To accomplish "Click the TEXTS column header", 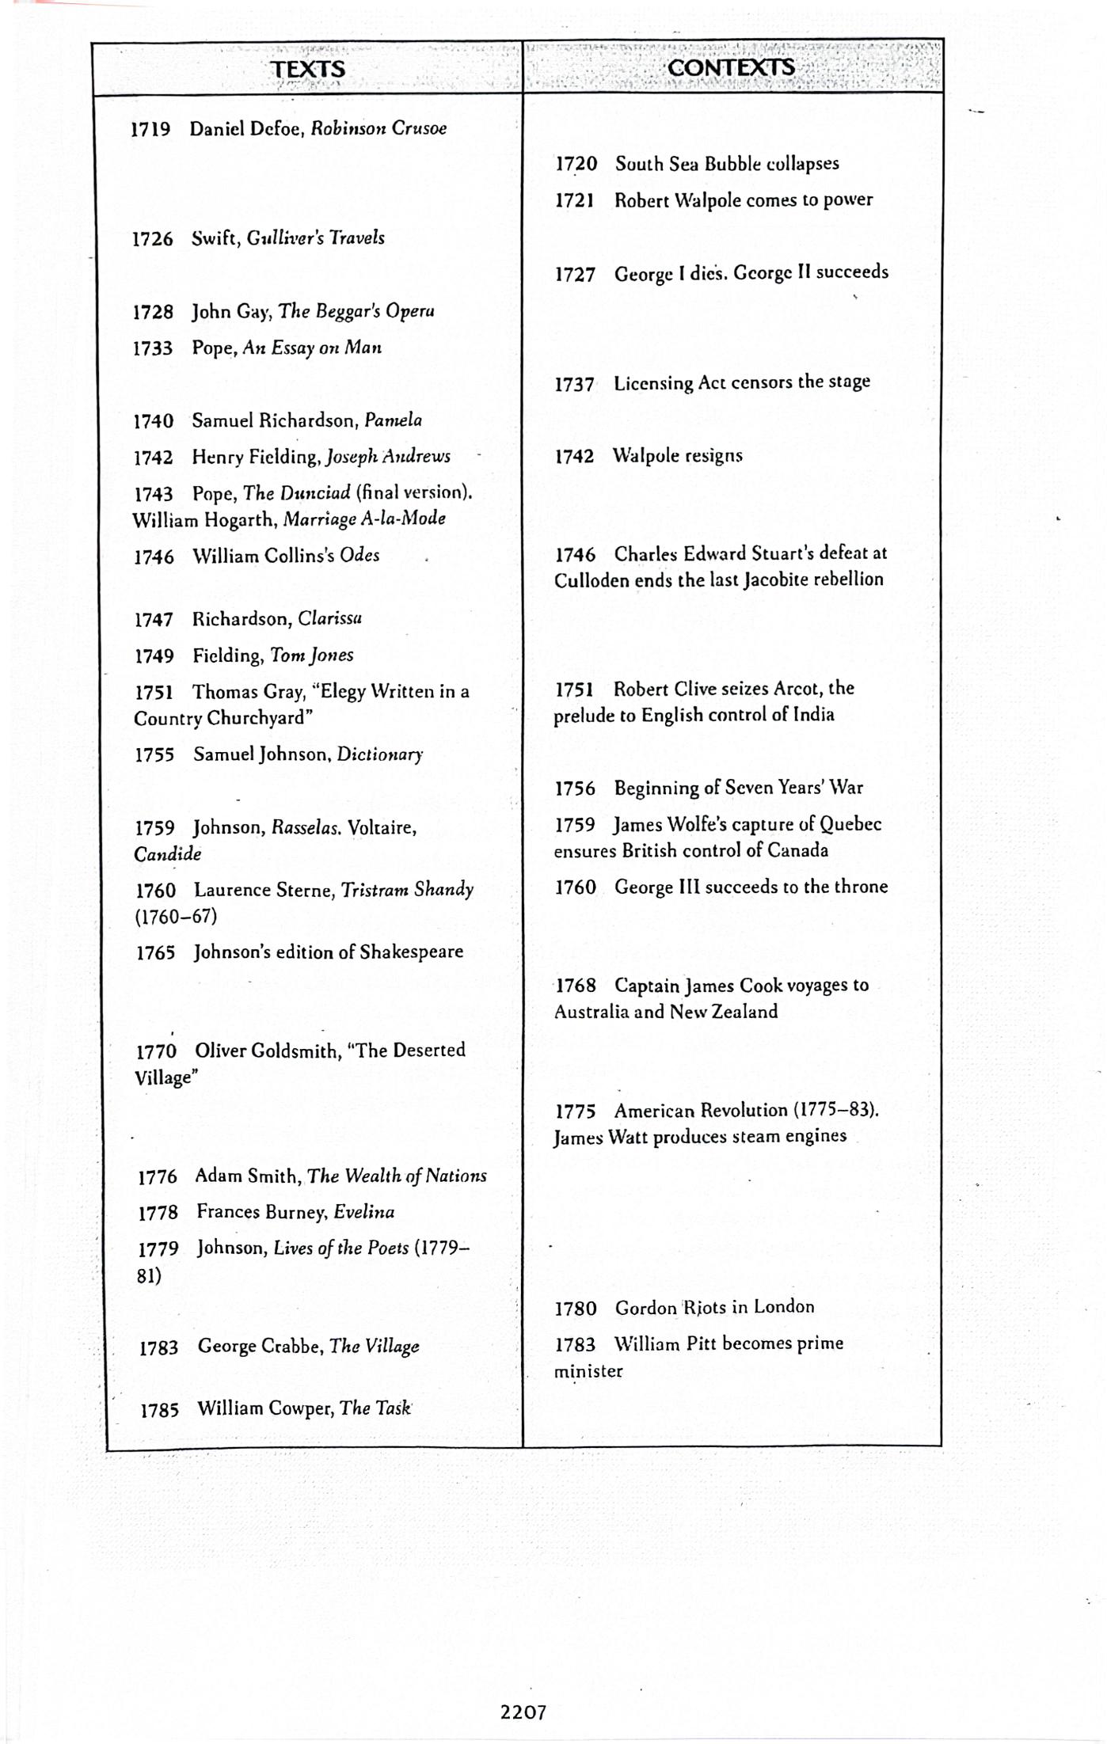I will coord(308,69).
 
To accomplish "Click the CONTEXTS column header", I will coord(730,67).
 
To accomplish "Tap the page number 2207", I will coord(523,1712).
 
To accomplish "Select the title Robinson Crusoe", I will coord(379,128).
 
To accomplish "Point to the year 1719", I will coord(150,129).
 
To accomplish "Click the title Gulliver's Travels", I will coord(315,237).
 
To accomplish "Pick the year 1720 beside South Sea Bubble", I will coord(576,164).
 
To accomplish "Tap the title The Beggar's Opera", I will coord(356,311).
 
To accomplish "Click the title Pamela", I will coord(393,420).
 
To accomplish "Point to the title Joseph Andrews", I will coord(388,457).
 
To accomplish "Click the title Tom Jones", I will coord(311,655).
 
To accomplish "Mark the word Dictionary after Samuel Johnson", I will coord(380,754).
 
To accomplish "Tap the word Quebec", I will coord(850,824).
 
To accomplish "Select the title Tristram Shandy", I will coord(407,890).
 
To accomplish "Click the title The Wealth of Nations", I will coord(397,1176).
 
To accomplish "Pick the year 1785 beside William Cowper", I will coord(159,1409).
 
